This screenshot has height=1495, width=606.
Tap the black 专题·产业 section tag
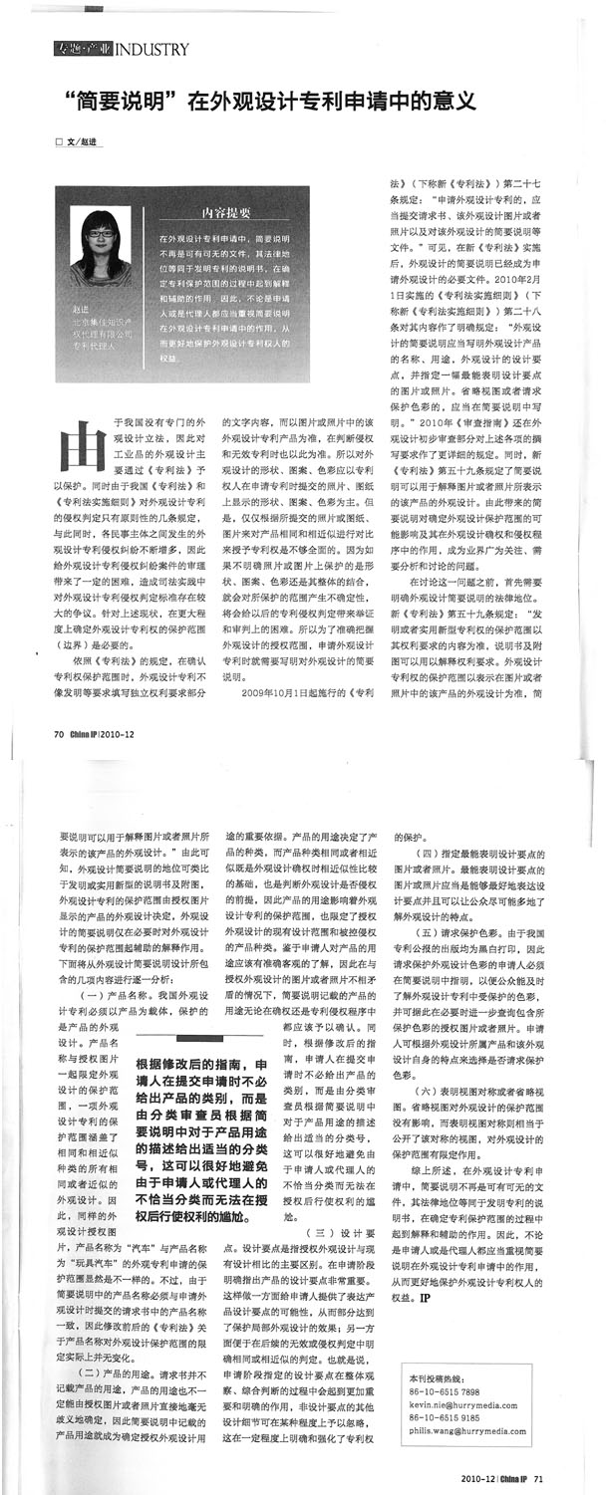tap(83, 49)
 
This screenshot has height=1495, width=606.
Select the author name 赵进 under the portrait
tap(81, 311)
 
